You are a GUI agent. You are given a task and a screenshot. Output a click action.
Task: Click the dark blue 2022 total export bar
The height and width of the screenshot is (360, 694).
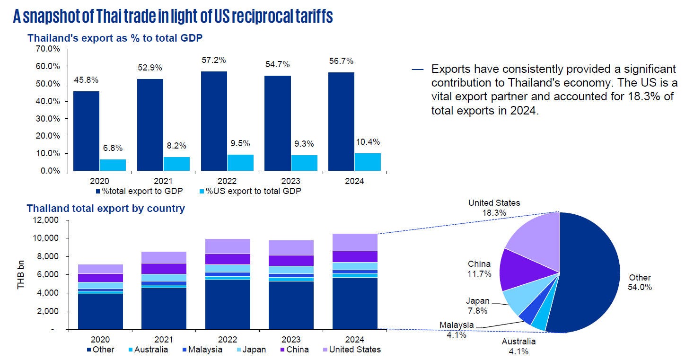(214, 121)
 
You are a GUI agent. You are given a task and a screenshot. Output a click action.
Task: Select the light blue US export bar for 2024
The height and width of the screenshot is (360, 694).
(368, 162)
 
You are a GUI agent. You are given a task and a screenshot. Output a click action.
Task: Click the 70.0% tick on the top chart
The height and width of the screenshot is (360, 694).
(47, 49)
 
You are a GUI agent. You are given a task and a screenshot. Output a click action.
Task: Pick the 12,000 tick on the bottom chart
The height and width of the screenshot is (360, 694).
(45, 220)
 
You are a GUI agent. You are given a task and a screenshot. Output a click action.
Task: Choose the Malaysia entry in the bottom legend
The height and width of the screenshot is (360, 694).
(202, 350)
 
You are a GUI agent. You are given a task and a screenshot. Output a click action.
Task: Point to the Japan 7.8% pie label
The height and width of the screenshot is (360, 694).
(477, 306)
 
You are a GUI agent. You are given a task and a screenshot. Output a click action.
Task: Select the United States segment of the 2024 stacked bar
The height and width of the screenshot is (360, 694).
(355, 242)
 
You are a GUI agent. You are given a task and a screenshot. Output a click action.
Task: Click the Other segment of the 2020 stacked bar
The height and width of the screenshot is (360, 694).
(100, 311)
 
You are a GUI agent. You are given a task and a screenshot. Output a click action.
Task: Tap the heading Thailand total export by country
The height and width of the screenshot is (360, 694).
(105, 208)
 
